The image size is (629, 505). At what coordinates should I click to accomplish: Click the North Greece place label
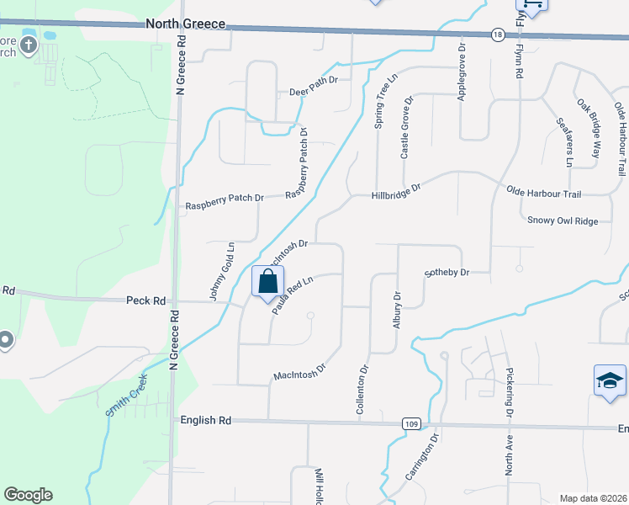coord(186,24)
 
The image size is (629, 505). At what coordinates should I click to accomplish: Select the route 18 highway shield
coord(499,34)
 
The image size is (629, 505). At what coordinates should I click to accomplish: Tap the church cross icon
coord(29,45)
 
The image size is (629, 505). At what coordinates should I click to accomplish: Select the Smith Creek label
coord(127,396)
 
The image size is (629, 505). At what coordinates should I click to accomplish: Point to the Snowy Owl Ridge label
coord(563,221)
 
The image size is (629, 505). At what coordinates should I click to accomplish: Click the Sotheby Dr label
coord(446,273)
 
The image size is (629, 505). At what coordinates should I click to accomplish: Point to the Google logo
coord(28,495)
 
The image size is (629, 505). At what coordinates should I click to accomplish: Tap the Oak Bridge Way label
coord(589,116)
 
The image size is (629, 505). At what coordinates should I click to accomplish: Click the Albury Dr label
coord(397,311)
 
